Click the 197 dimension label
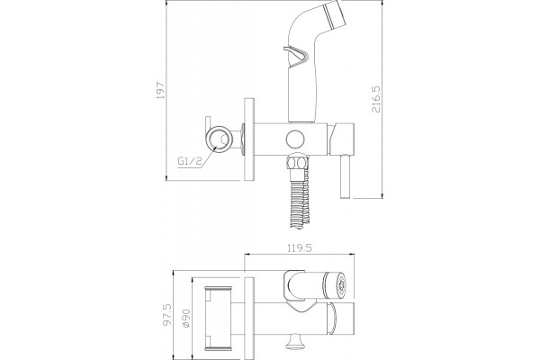coord(161,90)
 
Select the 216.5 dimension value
coord(376,99)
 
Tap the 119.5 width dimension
coord(300,248)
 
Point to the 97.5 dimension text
coord(167,314)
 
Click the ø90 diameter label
coord(186,319)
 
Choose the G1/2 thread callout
coord(189,161)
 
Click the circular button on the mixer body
coord(295,139)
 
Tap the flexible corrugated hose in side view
coord(299,202)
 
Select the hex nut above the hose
coord(297,162)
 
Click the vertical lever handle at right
coord(346,176)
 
